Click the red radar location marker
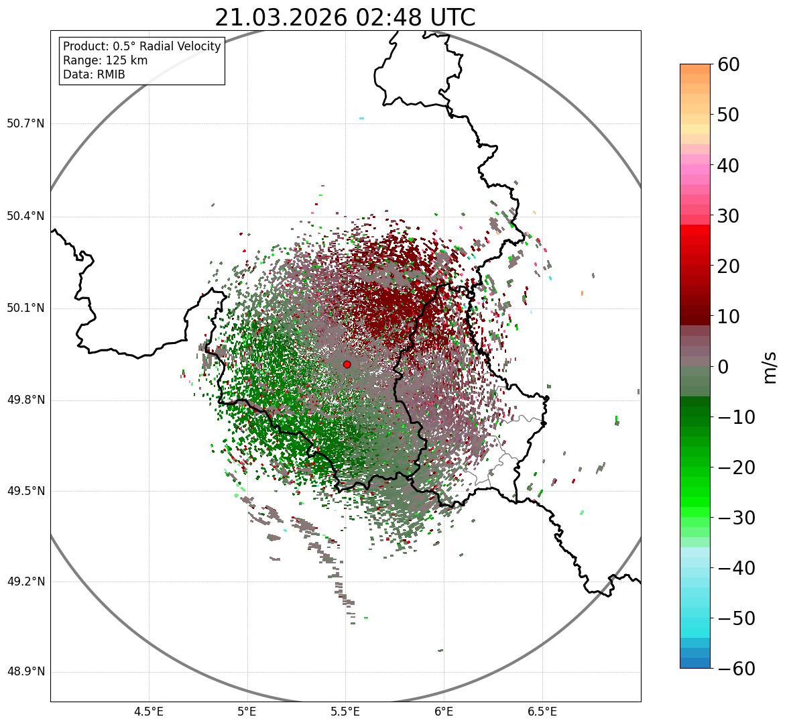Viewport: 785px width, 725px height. pos(347,364)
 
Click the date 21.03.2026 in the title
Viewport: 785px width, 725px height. pos(281,18)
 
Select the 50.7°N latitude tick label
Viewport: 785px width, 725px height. pos(25,123)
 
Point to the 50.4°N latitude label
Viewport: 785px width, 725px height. pos(25,216)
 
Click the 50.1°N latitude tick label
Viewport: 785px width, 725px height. pos(25,309)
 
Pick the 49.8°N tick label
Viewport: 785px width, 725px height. pos(25,400)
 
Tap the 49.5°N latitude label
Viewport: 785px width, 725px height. pos(25,491)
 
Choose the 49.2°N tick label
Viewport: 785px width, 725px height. pos(25,581)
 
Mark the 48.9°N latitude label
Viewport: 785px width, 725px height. pos(25,672)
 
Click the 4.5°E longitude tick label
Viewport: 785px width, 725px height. pos(149,711)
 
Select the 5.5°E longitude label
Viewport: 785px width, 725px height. pos(345,711)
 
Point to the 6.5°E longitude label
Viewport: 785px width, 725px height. pos(542,711)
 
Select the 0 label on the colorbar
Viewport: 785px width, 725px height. pos(723,367)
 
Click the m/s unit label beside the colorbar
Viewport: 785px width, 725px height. pos(770,367)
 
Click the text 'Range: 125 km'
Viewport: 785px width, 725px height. pos(105,60)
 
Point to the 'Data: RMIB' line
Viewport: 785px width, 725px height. pos(94,74)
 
